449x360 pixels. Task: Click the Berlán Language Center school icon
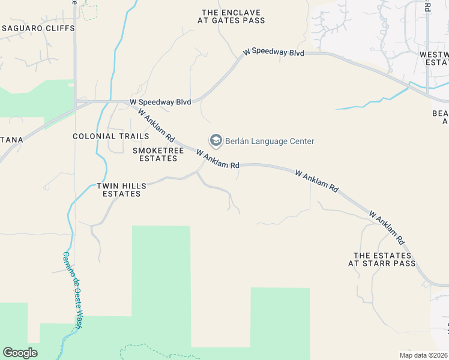tap(215, 141)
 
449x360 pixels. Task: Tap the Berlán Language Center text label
tap(270, 142)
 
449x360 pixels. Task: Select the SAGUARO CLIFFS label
tap(38, 28)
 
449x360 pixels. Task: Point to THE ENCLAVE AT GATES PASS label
tap(231, 16)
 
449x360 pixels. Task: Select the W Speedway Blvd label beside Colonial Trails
tap(160, 102)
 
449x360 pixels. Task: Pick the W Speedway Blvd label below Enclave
tap(274, 52)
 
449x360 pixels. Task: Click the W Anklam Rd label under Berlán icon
tap(217, 160)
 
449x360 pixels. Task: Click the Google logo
tap(20, 353)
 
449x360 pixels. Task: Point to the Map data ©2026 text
tap(423, 355)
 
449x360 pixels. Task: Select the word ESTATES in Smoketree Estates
tap(158, 158)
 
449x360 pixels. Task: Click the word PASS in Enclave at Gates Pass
tap(252, 20)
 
